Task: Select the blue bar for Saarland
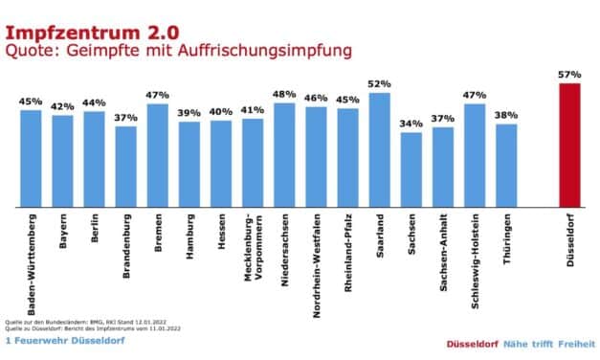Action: [x=379, y=149]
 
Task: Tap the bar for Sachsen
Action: [x=411, y=169]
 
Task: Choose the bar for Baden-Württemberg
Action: [x=32, y=158]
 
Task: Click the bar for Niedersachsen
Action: [x=284, y=154]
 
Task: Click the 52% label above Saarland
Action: [x=379, y=83]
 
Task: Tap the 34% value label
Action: [x=411, y=123]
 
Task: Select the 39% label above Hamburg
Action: [x=189, y=112]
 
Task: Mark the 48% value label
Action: [x=284, y=93]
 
